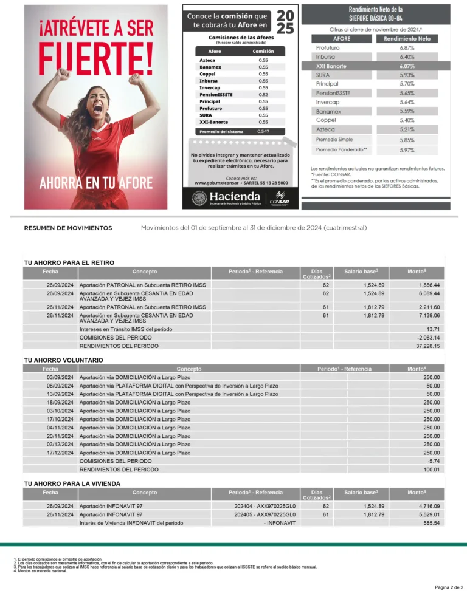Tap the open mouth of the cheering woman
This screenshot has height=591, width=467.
pyautogui.click(x=97, y=108)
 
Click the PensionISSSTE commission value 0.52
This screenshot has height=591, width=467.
pyautogui.click(x=263, y=94)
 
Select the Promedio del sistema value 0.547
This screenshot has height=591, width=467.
pyautogui.click(x=263, y=131)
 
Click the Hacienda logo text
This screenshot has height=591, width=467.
pyautogui.click(x=235, y=197)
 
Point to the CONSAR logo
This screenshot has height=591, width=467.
pyautogui.click(x=278, y=197)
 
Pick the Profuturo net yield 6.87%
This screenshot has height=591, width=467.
pyautogui.click(x=407, y=47)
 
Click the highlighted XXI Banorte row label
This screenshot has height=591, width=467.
pyautogui.click(x=331, y=66)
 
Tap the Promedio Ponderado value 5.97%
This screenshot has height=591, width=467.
pyautogui.click(x=407, y=149)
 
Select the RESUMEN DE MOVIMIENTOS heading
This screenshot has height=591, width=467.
pyautogui.click(x=68, y=228)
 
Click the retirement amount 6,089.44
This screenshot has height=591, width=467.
pyautogui.click(x=429, y=293)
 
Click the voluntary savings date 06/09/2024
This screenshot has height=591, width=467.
pyautogui.click(x=60, y=386)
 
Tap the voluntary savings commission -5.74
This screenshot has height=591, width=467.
pyautogui.click(x=432, y=461)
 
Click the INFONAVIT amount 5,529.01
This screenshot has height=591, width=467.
pyautogui.click(x=429, y=514)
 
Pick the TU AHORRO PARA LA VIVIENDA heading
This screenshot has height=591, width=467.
pyautogui.click(x=72, y=483)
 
